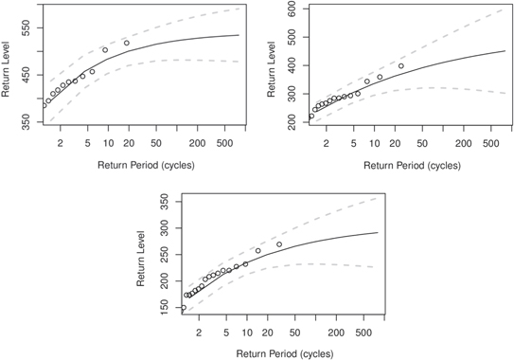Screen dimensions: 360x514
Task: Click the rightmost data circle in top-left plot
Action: point(126,43)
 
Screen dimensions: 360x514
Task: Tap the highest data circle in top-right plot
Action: point(401,66)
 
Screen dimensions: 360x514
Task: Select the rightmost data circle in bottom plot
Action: point(279,244)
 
